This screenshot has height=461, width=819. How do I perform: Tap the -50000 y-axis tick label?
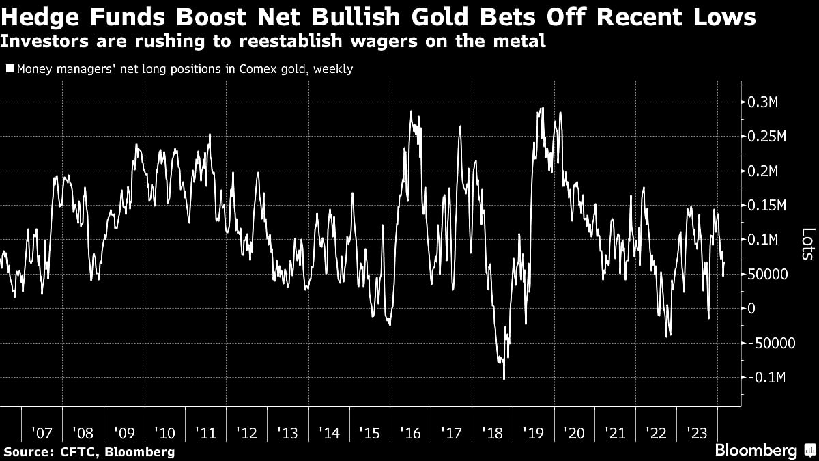pos(773,343)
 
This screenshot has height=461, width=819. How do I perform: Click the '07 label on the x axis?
pos(42,433)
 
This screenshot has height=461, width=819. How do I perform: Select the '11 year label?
pos(205,433)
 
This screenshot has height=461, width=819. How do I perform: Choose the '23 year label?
pos(697,433)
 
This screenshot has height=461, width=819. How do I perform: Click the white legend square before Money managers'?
pos(9,69)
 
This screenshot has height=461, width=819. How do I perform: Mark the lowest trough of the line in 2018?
pos(504,379)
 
